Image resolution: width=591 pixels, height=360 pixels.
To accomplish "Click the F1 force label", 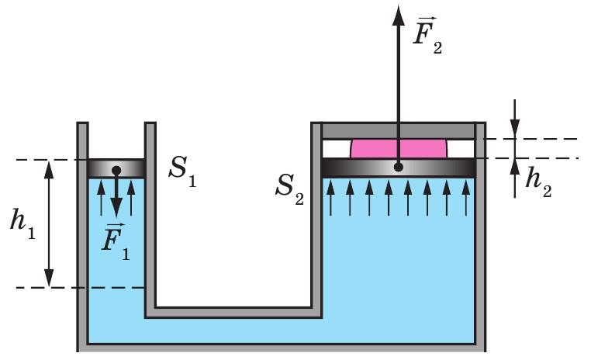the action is point(116,241).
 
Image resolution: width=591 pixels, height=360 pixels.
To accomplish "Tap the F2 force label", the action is point(427,35).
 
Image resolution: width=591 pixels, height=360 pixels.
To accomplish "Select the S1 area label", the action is point(182,171).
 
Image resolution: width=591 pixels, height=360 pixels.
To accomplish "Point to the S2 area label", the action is point(289,189).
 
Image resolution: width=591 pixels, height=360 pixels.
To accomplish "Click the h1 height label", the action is point(22,223).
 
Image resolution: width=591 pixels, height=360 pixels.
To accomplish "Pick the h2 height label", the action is point(538,182).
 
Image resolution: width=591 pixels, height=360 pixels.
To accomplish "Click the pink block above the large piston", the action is point(399,148).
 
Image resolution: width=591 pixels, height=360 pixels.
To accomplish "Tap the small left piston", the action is point(116,168).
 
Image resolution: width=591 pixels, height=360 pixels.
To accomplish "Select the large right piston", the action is point(399,168).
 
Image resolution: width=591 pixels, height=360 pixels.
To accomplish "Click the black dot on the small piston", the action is point(116,171).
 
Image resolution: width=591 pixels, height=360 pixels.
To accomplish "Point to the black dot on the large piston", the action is point(399,167).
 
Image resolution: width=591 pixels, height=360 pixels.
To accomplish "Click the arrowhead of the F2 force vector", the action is point(399,15).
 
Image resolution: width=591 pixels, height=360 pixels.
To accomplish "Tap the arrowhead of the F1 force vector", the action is point(116,208).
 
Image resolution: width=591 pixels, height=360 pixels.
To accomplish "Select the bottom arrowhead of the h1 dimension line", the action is point(49,279).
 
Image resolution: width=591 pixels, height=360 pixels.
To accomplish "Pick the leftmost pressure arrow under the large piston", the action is point(330,198).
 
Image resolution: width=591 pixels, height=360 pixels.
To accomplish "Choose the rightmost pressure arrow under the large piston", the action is point(466,198).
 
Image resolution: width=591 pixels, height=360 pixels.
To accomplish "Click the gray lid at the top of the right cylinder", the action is point(399,130).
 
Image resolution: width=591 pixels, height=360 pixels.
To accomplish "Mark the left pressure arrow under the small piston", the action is point(101,198).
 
